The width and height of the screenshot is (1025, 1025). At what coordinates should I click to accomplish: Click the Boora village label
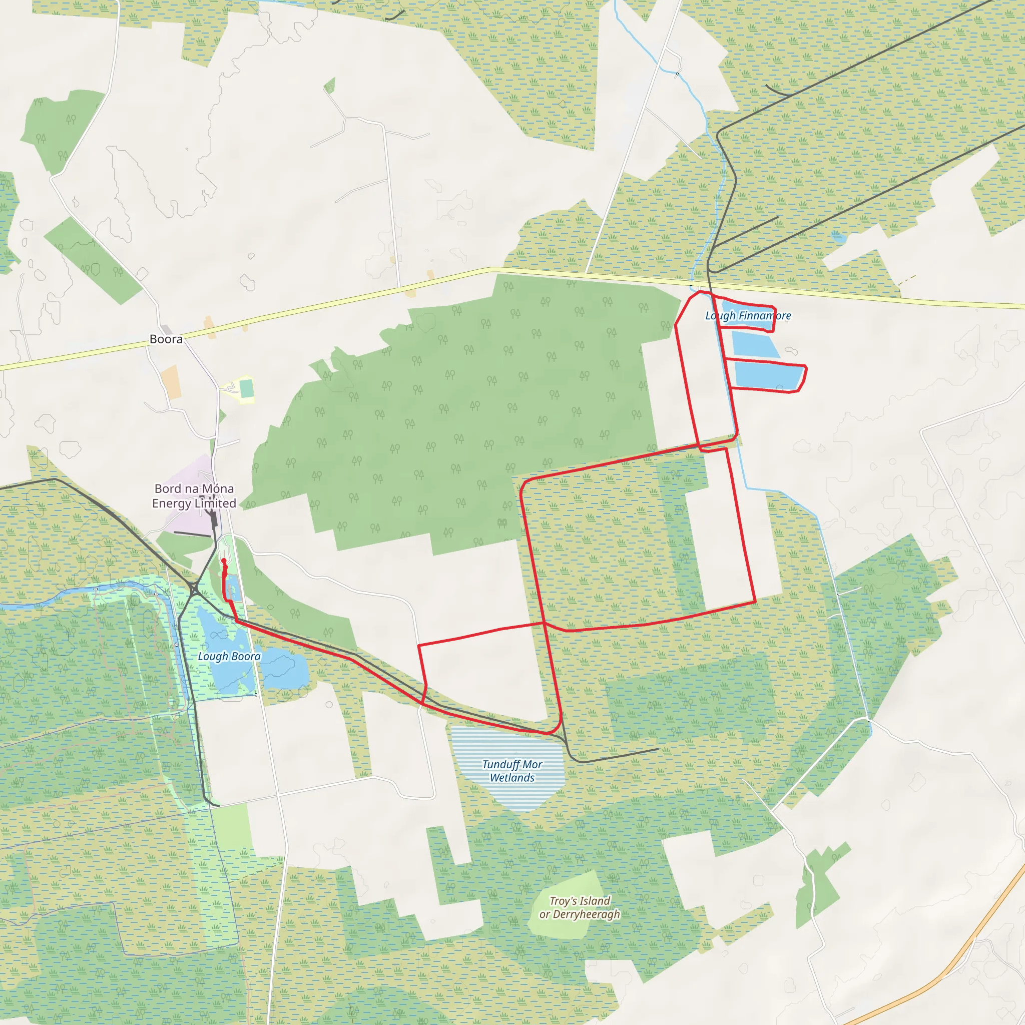[x=166, y=339]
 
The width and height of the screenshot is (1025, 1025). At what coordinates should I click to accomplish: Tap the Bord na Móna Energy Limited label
[x=194, y=496]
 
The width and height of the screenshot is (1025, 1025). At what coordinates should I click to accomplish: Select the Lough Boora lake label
[x=229, y=656]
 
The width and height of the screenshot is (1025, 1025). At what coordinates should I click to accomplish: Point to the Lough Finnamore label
[x=748, y=316]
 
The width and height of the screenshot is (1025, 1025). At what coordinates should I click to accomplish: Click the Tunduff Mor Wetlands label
[x=512, y=771]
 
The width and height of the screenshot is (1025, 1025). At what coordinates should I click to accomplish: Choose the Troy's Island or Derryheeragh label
[x=580, y=907]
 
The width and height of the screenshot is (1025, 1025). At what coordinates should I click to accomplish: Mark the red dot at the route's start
[x=223, y=561]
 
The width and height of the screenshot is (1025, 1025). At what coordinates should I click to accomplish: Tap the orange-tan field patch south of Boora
[x=171, y=381]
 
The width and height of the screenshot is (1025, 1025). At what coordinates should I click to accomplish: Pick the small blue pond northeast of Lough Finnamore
[x=838, y=237]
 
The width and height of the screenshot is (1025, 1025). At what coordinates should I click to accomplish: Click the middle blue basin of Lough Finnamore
[x=754, y=343]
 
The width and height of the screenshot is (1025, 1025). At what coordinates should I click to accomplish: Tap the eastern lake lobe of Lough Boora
[x=284, y=669]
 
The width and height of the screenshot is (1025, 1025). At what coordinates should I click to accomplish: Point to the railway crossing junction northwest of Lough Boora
[x=194, y=590]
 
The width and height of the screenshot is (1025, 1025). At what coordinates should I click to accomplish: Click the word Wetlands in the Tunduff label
[x=512, y=778]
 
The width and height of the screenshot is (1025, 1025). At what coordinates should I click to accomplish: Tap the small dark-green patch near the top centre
[x=330, y=85]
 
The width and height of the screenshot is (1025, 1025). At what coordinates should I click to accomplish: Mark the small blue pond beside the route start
[x=232, y=591]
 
